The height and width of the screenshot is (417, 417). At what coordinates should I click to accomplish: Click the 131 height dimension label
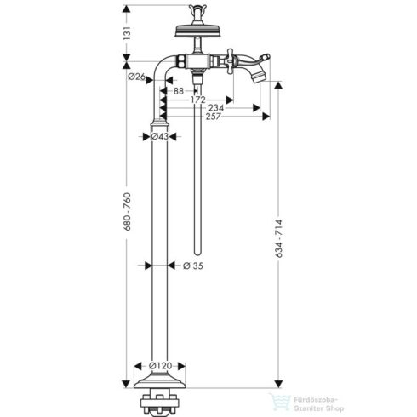coord(127,34)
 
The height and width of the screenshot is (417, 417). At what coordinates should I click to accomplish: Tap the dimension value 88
coord(177,91)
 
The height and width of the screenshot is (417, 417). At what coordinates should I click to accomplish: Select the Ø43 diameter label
coord(161,136)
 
